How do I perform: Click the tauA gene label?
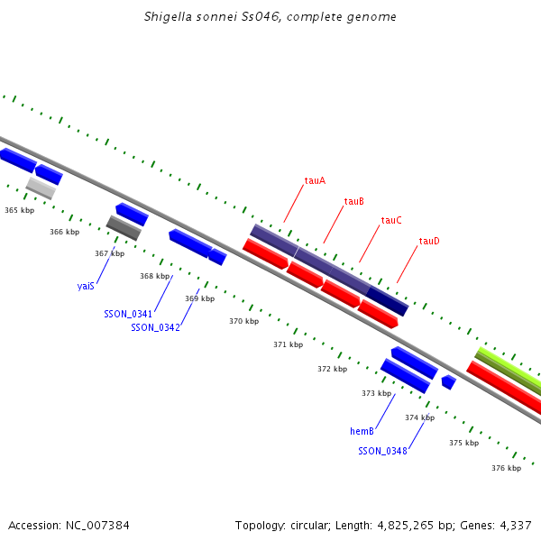coord(315,180)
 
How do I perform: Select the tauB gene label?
coord(353,201)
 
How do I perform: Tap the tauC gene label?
coord(391,220)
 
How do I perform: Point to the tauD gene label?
coord(429,241)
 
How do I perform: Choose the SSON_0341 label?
coord(128,314)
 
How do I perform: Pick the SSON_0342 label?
coord(155,327)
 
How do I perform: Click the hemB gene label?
coord(362,432)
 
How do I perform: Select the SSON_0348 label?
coord(382,451)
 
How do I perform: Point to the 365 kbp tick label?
coord(19,210)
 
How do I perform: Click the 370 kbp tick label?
coord(243,321)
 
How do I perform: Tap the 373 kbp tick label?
coord(376,393)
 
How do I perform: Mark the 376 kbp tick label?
coord(506,468)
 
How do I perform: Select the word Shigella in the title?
coord(167,17)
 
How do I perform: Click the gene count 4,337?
coord(515,525)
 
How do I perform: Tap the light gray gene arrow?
coord(41,188)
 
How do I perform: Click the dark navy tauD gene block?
coord(387,301)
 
